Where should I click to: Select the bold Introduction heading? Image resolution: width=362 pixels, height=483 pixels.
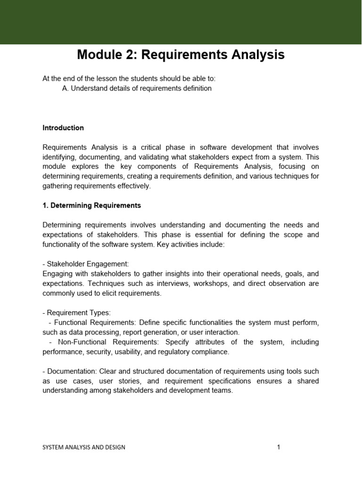click(x=63, y=128)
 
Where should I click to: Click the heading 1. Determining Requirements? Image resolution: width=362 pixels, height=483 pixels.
click(x=91, y=206)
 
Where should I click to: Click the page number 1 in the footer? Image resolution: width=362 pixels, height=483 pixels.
click(x=279, y=447)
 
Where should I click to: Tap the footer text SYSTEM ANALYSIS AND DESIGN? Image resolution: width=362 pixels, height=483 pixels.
click(x=84, y=447)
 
